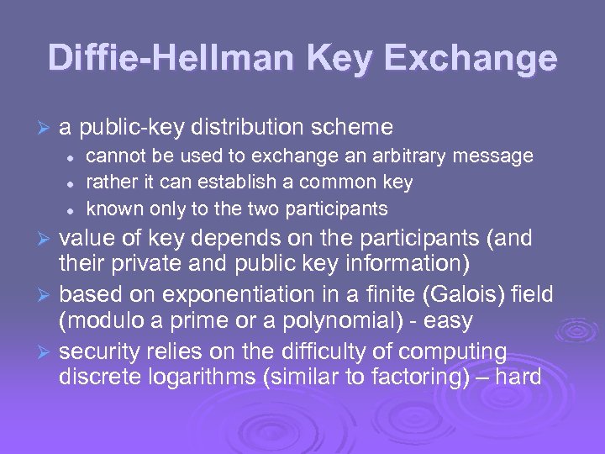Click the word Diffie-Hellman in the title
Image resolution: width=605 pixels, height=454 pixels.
(x=165, y=58)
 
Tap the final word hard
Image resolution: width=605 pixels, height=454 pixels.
(x=518, y=377)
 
